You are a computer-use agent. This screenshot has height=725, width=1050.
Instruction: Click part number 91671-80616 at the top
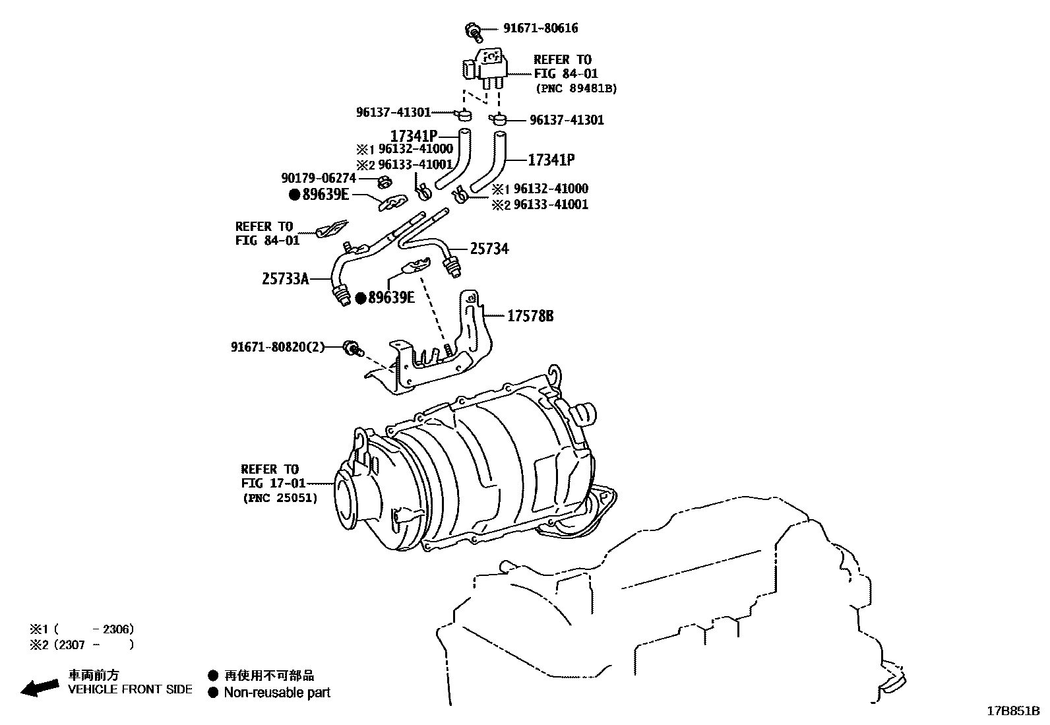[x=540, y=28]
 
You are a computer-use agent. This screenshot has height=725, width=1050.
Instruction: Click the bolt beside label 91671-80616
[x=473, y=29]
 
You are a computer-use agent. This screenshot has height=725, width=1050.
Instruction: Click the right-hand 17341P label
[x=551, y=160]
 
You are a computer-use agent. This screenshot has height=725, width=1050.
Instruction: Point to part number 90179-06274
[x=319, y=178]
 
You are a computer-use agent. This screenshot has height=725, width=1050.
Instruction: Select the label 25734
[x=489, y=249]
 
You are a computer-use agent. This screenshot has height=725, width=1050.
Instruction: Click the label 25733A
[x=285, y=279]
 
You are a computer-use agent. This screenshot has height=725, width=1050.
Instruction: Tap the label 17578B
[x=530, y=317]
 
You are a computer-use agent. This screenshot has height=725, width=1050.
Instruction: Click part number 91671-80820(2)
[x=278, y=347]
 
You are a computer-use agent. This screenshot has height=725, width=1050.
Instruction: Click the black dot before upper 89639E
[x=295, y=195]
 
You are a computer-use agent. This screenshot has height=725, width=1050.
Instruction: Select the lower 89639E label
[x=390, y=298]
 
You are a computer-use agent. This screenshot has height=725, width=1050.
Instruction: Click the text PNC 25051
[x=280, y=498]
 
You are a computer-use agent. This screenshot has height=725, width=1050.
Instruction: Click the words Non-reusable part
[x=276, y=693]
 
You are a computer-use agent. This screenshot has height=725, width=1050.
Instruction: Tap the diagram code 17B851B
[x=1012, y=711]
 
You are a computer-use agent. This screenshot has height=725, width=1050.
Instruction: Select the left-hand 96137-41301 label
[x=393, y=113]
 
